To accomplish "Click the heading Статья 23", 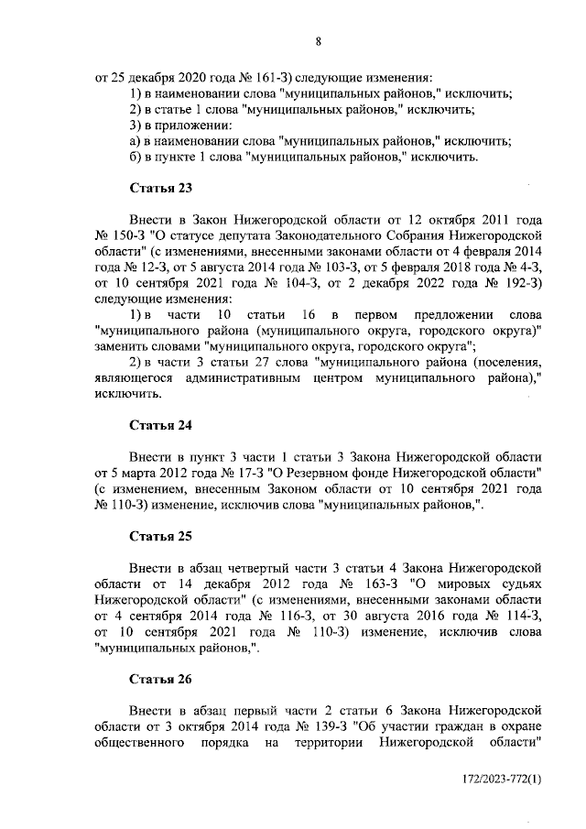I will click(160, 189).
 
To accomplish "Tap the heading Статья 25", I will click(160, 535).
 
